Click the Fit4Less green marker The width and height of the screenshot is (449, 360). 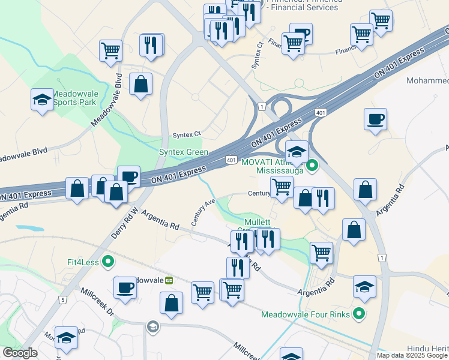pyautogui.click(x=108, y=262)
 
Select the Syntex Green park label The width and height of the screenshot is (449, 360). pyautogui.click(x=184, y=152)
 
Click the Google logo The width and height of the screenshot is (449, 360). pyautogui.click(x=20, y=353)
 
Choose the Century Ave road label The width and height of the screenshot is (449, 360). pyautogui.click(x=203, y=212)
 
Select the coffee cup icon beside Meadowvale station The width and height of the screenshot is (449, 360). pyautogui.click(x=125, y=287)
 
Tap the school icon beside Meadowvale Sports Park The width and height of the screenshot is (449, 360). pyautogui.click(x=42, y=100)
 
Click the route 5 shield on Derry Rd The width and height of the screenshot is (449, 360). pyautogui.click(x=62, y=299)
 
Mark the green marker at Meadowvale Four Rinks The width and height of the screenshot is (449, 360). pyautogui.click(x=359, y=313)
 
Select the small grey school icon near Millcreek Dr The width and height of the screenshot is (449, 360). pyautogui.click(x=152, y=326)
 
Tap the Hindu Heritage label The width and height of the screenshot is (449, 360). pyautogui.click(x=426, y=347)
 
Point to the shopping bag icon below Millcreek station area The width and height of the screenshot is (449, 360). pyautogui.click(x=171, y=303)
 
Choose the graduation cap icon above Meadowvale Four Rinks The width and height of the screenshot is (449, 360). pyautogui.click(x=364, y=287)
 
